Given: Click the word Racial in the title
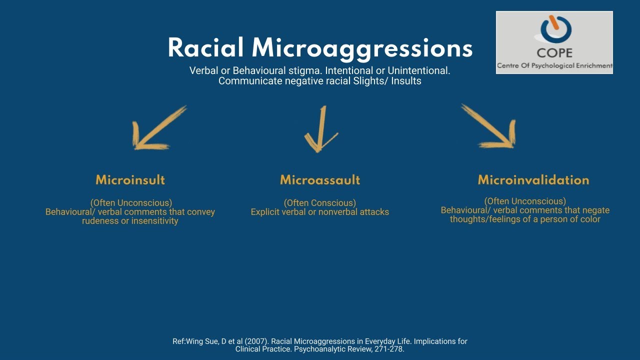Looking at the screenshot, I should [x=206, y=48].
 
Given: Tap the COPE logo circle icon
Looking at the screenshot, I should [x=554, y=29].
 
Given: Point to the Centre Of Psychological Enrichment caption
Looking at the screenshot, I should [x=554, y=66].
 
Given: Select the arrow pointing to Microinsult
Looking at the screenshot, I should [x=157, y=129].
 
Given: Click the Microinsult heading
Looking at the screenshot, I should [x=130, y=180].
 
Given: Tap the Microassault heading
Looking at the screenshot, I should [x=320, y=180].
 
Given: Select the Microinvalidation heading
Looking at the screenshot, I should [x=533, y=180].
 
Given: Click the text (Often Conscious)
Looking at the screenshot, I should [x=320, y=203].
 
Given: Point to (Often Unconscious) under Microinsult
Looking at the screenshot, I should [x=131, y=203].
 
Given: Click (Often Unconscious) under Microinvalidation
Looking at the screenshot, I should [x=525, y=201].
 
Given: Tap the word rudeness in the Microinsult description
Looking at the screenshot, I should [x=100, y=221].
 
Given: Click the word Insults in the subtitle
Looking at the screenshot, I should [x=406, y=81].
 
